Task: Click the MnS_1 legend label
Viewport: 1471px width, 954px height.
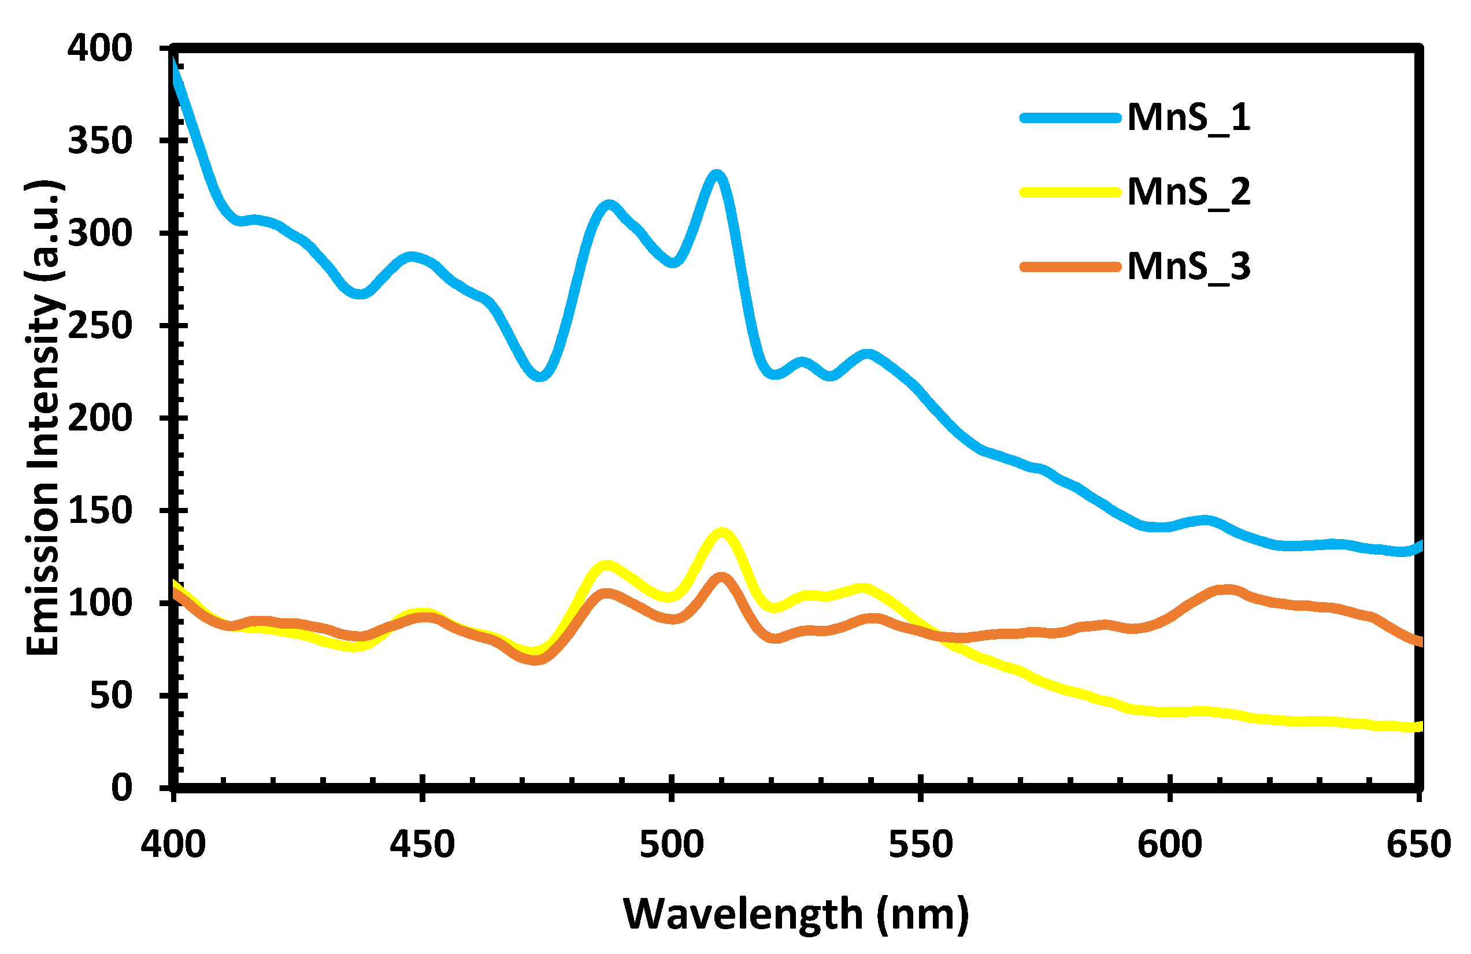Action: coord(1188,117)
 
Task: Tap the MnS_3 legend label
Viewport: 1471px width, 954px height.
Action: coord(1188,267)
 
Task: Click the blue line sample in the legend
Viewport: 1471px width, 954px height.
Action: coord(1070,118)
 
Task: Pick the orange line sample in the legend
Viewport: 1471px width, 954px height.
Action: coord(1070,267)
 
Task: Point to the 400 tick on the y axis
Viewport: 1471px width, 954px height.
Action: coord(99,48)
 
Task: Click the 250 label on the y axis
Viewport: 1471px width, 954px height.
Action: coord(99,326)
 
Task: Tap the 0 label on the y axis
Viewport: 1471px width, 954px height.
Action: coord(122,788)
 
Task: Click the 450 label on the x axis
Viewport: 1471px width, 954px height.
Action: coord(422,844)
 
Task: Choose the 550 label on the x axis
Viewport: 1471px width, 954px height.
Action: coord(921,844)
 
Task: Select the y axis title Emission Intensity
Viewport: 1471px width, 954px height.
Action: coord(43,418)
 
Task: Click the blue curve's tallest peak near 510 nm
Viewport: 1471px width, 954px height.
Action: coord(716,176)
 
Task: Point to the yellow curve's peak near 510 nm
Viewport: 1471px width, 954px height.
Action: coord(721,533)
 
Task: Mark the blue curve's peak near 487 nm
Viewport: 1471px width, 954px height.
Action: coord(609,205)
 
